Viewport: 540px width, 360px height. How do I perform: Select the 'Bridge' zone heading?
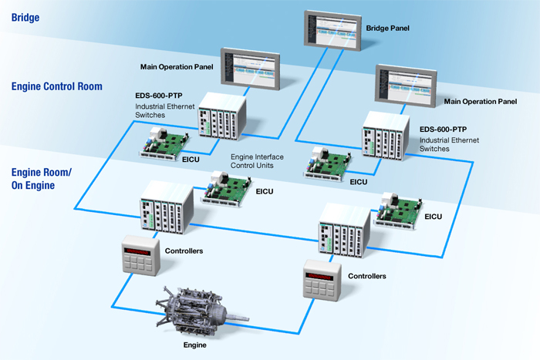pyautogui.click(x=25, y=15)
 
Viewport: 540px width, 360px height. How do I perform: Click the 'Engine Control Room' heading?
pyautogui.click(x=57, y=86)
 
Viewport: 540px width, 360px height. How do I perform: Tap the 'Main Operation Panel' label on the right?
pyautogui.click(x=480, y=102)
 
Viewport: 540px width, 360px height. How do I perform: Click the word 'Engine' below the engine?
pyautogui.click(x=195, y=345)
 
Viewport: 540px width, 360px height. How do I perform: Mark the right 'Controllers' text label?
pyautogui.click(x=367, y=275)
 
